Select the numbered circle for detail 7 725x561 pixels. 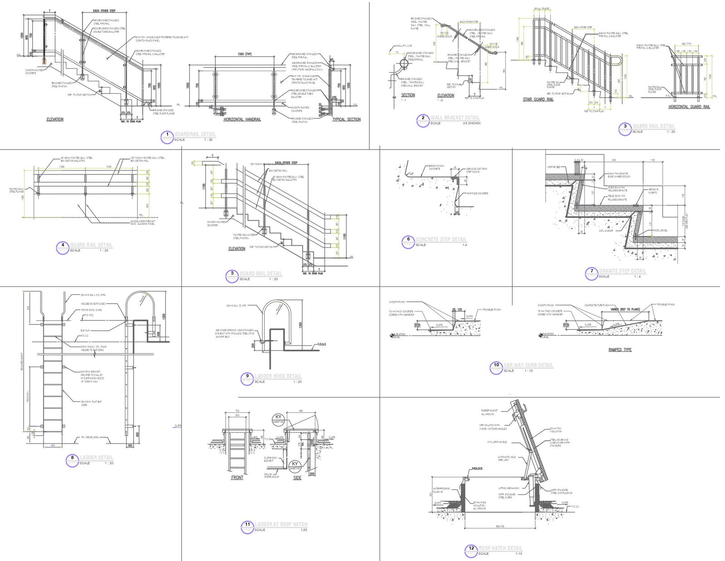click(x=591, y=271)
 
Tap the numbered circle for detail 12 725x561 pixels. click(x=471, y=548)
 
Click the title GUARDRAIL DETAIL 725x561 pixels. click(x=195, y=134)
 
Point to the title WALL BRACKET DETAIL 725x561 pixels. click(x=455, y=118)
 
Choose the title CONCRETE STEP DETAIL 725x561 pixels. click(x=441, y=239)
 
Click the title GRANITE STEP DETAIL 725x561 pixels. click(x=622, y=271)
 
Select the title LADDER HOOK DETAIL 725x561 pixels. click(x=278, y=376)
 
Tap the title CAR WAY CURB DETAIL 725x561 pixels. click(x=528, y=365)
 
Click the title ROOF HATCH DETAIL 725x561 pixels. click(x=500, y=548)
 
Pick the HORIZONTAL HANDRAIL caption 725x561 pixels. click(x=242, y=120)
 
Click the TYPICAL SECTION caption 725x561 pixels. click(x=346, y=120)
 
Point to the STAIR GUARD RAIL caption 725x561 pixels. click(x=538, y=99)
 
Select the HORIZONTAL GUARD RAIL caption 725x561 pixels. click(x=689, y=107)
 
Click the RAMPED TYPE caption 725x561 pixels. click(x=620, y=350)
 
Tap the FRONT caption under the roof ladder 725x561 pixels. click(x=237, y=478)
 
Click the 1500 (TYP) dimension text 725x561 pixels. click(x=244, y=54)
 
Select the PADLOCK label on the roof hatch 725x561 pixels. click(x=477, y=469)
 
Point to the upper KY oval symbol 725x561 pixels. click(x=278, y=418)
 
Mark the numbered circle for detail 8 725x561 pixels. click(x=72, y=458)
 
